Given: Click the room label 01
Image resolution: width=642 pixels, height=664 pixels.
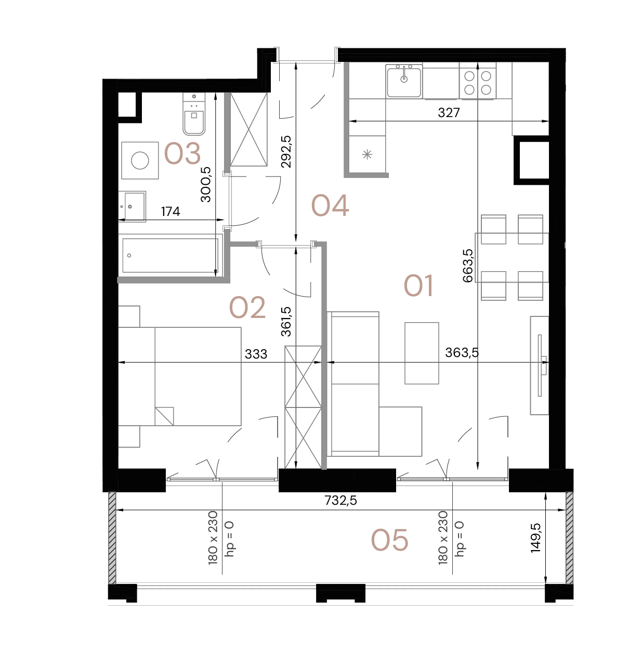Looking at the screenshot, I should [x=418, y=286].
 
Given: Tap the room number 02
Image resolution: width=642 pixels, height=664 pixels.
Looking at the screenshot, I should [x=247, y=308].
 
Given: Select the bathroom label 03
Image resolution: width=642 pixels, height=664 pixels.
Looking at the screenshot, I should [x=182, y=154].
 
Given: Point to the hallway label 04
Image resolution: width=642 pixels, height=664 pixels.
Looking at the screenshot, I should [x=330, y=206].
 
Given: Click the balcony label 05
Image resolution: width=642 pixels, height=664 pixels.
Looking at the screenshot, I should [x=390, y=540].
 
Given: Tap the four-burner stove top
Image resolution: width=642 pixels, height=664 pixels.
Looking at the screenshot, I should [x=478, y=82].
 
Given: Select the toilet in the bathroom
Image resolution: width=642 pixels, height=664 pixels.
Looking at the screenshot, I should [x=194, y=115].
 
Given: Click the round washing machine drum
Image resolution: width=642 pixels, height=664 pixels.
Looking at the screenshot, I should [x=140, y=161].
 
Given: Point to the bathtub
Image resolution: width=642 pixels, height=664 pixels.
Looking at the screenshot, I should [x=170, y=255].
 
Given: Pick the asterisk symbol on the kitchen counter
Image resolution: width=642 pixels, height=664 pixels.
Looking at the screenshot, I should [x=368, y=154].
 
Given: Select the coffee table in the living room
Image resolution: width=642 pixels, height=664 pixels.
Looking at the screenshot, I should [x=422, y=353].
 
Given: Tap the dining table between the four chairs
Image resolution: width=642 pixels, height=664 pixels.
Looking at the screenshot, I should [x=512, y=258].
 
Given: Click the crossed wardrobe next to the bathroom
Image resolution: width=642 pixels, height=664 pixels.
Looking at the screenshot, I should [x=248, y=130].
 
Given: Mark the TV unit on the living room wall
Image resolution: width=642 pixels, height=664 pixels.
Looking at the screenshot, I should [x=539, y=365].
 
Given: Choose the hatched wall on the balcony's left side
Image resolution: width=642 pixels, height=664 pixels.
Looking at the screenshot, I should [x=112, y=538].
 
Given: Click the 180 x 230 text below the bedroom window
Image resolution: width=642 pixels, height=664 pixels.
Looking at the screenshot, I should [x=213, y=538].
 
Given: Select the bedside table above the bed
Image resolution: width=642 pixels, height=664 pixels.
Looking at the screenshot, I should [x=129, y=316].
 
